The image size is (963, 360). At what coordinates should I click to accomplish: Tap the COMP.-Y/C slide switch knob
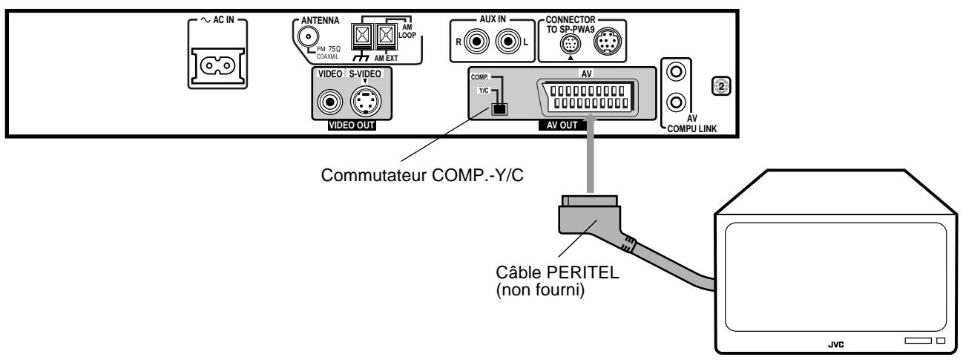coord(500,108)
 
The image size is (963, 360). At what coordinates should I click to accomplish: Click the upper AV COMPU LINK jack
coord(674,73)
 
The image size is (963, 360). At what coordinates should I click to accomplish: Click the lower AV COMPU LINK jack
coord(674,101)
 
